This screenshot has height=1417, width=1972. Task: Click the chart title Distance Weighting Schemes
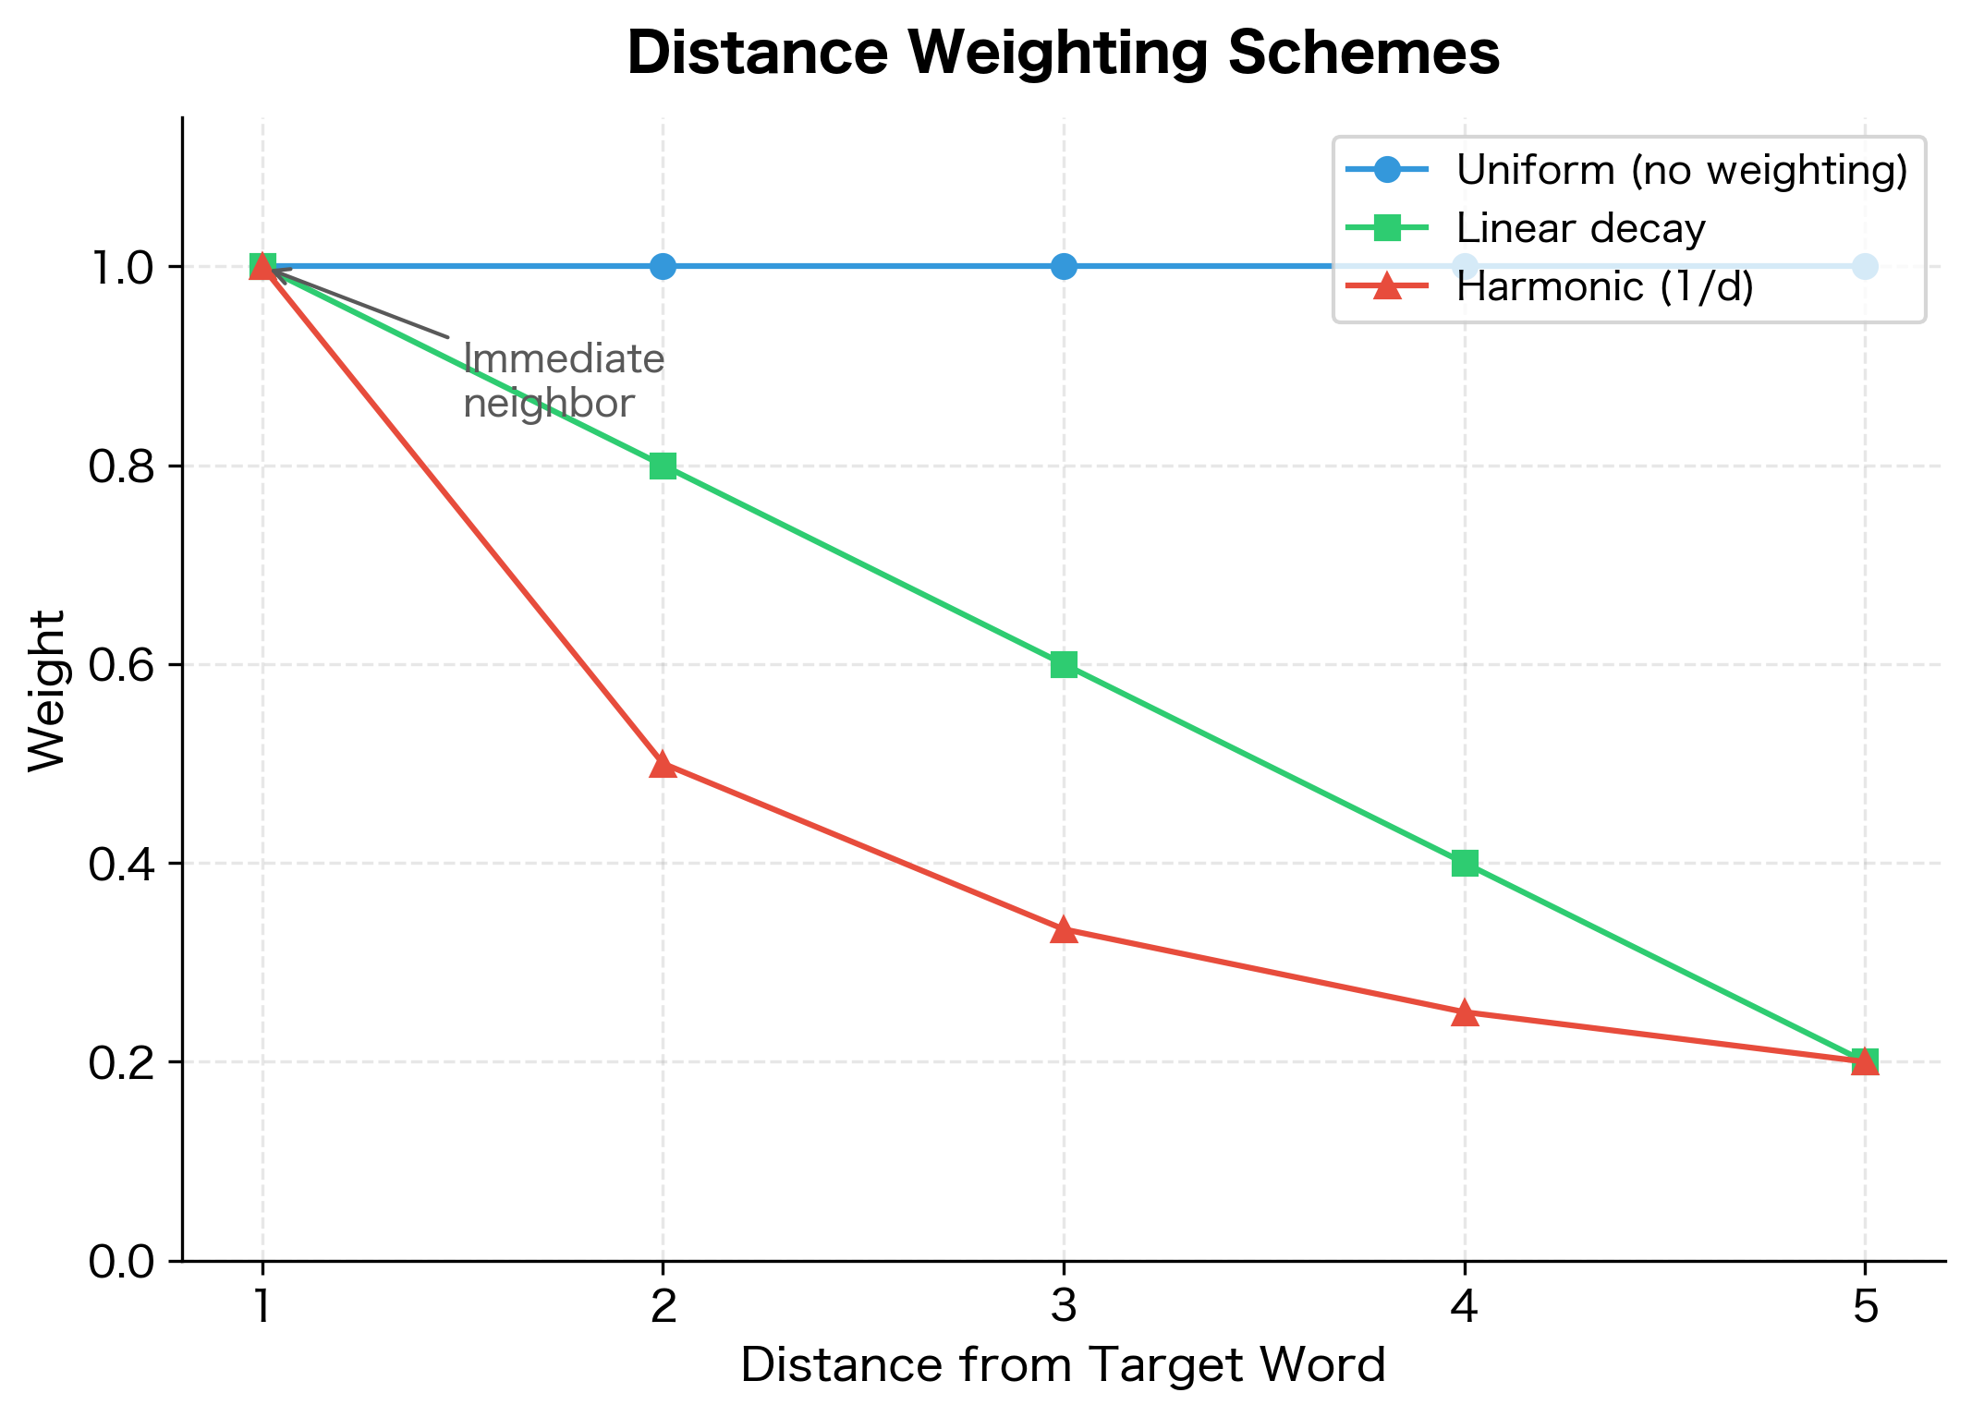click(x=1063, y=54)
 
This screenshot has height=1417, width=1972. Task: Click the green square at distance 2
click(x=663, y=466)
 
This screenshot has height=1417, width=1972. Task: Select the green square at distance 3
click(x=1064, y=664)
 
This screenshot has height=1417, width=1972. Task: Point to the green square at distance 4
click(x=1465, y=864)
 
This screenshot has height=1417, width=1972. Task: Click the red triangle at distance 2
click(x=663, y=765)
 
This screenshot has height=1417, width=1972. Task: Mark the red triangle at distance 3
click(x=1064, y=930)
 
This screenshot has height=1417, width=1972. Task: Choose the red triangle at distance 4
click(x=1465, y=1013)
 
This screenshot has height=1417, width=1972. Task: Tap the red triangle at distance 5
click(x=1865, y=1061)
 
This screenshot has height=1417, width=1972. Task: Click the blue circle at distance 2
click(x=663, y=267)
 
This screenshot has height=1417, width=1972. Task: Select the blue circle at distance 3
click(x=1064, y=267)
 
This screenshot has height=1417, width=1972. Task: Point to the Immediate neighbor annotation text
click(x=563, y=381)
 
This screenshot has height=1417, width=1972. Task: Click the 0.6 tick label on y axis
click(x=122, y=665)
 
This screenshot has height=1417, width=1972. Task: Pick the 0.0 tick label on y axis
click(x=122, y=1261)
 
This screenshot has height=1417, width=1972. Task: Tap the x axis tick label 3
click(x=1064, y=1308)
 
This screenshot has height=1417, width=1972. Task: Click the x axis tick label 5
click(x=1865, y=1308)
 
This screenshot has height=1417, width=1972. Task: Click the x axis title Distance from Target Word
click(x=1063, y=1365)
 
